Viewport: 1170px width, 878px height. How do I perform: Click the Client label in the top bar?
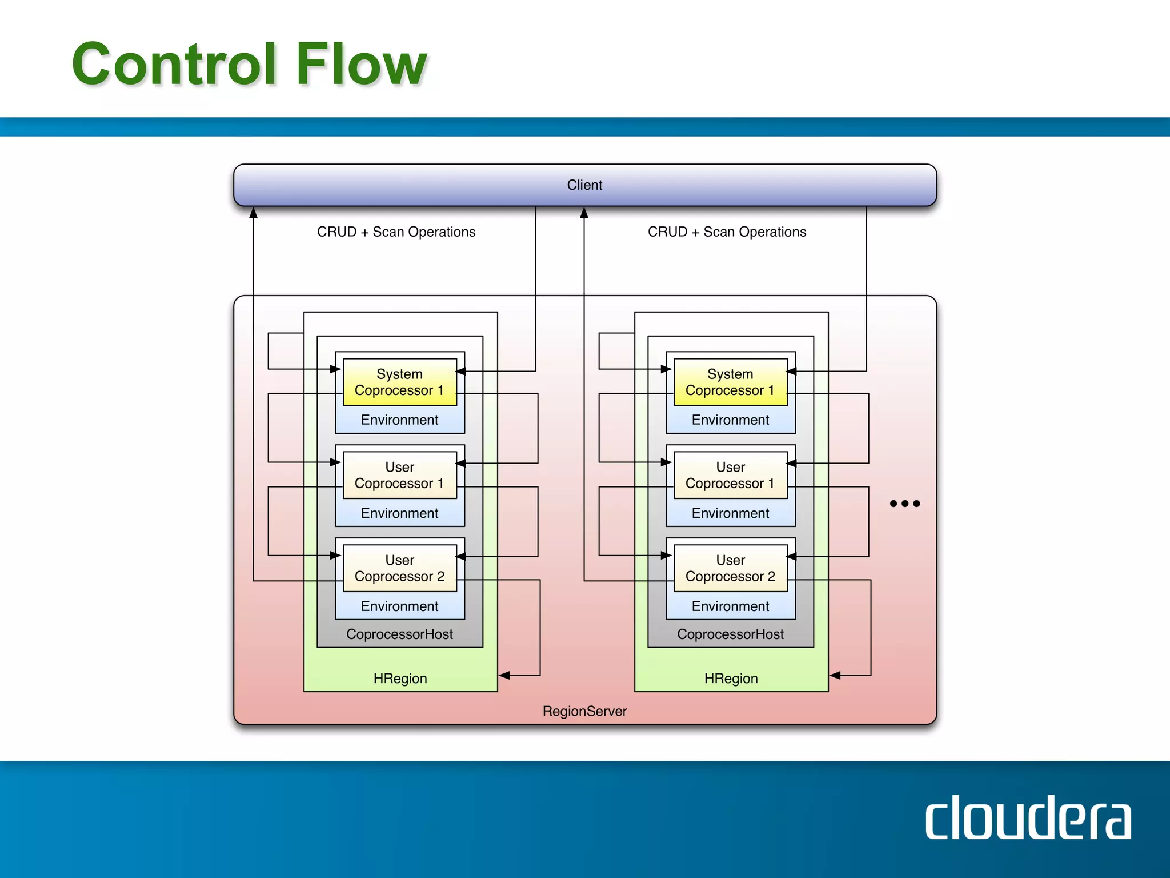(x=584, y=185)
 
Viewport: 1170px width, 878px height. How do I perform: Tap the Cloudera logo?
(x=1028, y=817)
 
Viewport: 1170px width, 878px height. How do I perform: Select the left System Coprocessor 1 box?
(x=399, y=382)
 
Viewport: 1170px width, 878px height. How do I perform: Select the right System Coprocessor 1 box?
(x=730, y=382)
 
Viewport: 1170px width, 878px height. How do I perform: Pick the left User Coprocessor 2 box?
(x=399, y=568)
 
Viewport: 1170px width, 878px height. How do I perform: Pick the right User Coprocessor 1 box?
(x=730, y=475)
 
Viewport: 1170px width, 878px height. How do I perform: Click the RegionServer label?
(x=584, y=711)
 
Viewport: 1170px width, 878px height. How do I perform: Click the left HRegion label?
(x=400, y=679)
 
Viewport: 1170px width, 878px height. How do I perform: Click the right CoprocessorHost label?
(x=730, y=634)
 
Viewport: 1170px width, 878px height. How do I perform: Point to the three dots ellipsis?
(x=905, y=504)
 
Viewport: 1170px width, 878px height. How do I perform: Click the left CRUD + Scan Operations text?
(x=396, y=232)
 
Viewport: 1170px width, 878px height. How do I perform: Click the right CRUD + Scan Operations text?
(x=727, y=232)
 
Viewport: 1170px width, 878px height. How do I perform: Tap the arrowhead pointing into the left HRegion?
(x=504, y=676)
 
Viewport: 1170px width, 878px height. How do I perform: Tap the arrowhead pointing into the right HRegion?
(x=835, y=676)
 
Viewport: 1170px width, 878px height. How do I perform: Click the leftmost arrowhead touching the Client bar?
(x=254, y=213)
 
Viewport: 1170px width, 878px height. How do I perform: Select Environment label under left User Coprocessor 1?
(x=399, y=513)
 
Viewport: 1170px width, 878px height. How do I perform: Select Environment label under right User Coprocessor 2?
(x=730, y=606)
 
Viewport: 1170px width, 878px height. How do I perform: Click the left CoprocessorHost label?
(x=399, y=634)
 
